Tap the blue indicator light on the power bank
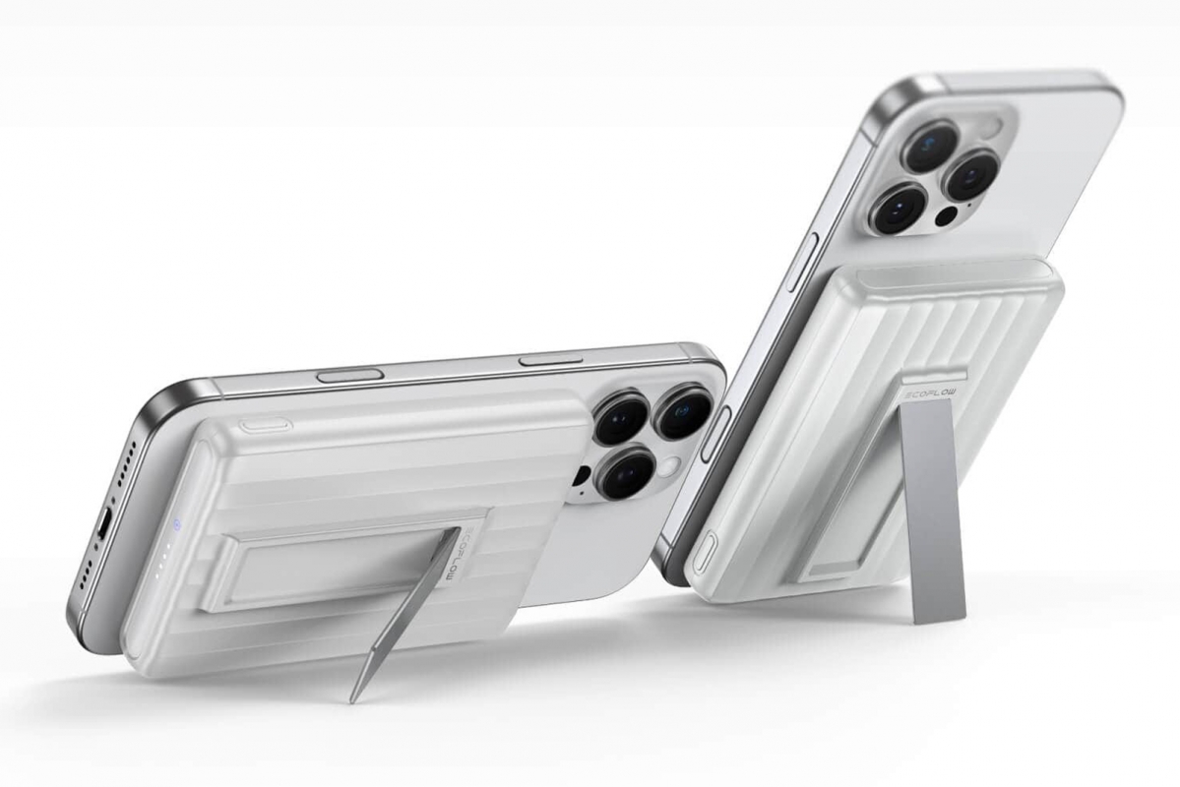coord(174,523)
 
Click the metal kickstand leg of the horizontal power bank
coord(404,615)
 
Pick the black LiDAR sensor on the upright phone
coord(947,216)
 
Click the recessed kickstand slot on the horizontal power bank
coord(325,566)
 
